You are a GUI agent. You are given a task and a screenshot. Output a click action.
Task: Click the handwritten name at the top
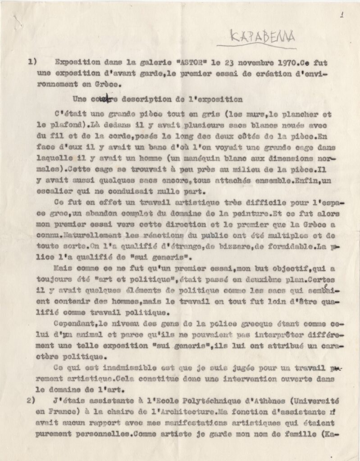click(x=256, y=36)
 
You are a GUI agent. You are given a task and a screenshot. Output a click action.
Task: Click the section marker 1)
click(x=32, y=62)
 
